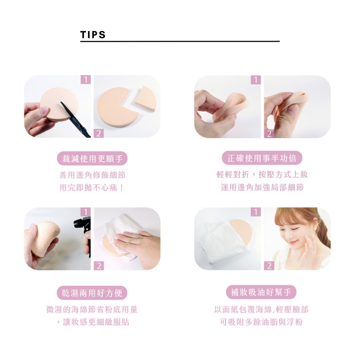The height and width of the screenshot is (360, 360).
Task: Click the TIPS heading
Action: pyautogui.click(x=93, y=35)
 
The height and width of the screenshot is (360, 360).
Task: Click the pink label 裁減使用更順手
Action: pyautogui.click(x=92, y=158)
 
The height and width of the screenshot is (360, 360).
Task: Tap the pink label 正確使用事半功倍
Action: pyautogui.click(x=262, y=158)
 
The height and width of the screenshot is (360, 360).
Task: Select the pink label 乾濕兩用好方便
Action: pyautogui.click(x=92, y=293)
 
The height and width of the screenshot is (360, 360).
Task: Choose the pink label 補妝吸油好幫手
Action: pyautogui.click(x=261, y=292)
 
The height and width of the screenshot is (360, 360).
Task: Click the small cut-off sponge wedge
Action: pyautogui.click(x=146, y=99)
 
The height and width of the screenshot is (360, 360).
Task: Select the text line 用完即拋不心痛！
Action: pyautogui.click(x=92, y=188)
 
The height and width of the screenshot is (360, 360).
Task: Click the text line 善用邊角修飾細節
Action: pyautogui.click(x=92, y=175)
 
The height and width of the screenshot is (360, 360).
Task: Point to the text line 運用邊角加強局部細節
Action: pyautogui.click(x=262, y=187)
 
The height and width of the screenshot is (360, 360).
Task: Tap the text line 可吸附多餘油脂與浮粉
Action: pyautogui.click(x=261, y=321)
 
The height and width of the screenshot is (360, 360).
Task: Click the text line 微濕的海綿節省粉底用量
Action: pyautogui.click(x=92, y=309)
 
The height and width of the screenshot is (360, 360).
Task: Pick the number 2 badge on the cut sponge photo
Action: pyautogui.click(x=99, y=134)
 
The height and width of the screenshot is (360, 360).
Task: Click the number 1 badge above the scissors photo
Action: pyautogui.click(x=86, y=80)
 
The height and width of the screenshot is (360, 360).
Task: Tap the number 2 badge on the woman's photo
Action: pyautogui.click(x=269, y=266)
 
